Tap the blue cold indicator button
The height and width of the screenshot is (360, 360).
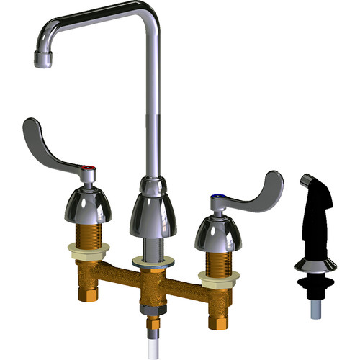pos(216,196)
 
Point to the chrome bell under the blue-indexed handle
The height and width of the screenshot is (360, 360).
pos(215,230)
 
